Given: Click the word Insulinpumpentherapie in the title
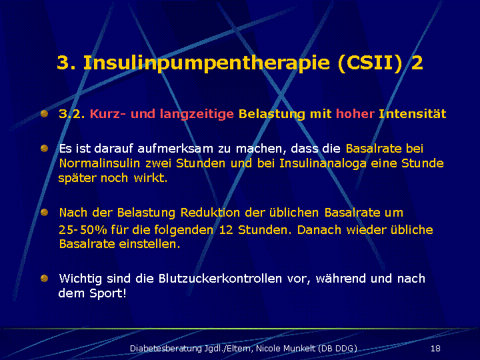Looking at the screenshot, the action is point(207,63).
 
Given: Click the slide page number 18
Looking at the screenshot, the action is point(435,349).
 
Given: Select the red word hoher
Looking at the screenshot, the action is point(355,114).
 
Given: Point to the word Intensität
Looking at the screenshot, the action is point(413,114).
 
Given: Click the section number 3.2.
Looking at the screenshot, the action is point(72,114).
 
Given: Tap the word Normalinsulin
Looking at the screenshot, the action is point(99,163).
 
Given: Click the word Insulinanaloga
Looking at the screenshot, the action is point(323,163).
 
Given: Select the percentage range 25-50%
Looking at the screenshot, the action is point(83,229).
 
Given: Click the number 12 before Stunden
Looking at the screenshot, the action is point(226,229).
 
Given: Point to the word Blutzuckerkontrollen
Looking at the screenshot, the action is point(220,279).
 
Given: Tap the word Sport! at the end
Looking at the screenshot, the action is point(108,293).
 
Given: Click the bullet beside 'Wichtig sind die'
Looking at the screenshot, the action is point(45,278).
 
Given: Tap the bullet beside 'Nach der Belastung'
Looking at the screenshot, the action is point(45,212).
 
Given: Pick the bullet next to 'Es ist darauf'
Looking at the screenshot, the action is point(45,149).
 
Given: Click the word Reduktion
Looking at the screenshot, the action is point(210,213).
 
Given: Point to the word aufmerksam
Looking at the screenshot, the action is point(175,149).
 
